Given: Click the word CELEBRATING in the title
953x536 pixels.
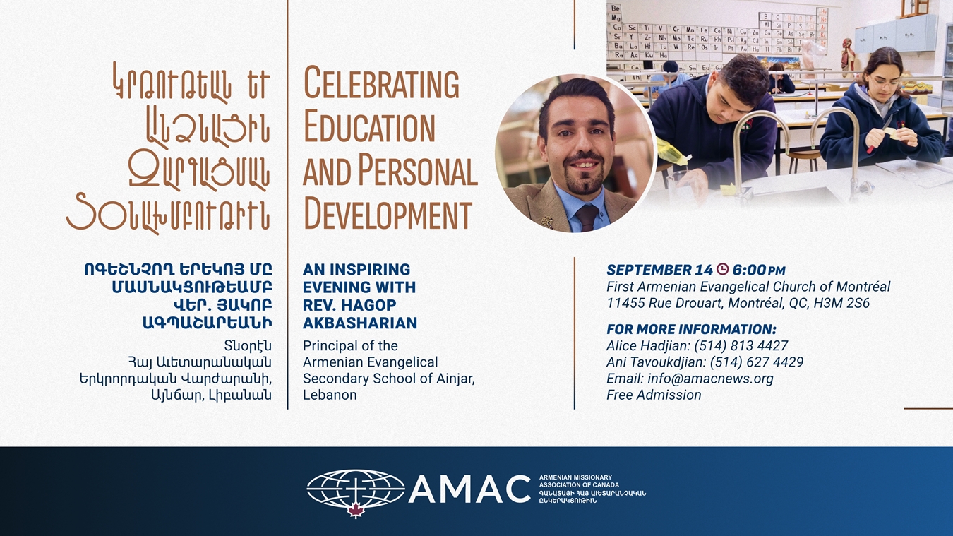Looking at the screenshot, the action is coord(381,83).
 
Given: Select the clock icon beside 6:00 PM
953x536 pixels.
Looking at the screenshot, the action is coord(722,269).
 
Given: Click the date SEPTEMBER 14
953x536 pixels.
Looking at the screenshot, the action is coord(659,270).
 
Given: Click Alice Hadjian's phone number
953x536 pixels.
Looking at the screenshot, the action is coord(741,345).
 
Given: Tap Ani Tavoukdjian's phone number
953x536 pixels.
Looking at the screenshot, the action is coord(757,362).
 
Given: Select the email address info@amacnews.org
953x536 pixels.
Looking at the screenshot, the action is coord(710,379).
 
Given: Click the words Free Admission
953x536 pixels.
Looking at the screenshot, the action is coord(654,395).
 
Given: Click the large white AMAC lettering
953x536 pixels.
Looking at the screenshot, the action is coord(469,489).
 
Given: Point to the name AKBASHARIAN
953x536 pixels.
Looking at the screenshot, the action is coord(360,323).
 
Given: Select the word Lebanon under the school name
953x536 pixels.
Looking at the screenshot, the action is coord(330,395).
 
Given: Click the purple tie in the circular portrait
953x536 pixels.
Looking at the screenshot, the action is coord(587,217).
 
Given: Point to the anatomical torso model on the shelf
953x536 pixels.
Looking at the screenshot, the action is coord(848,54).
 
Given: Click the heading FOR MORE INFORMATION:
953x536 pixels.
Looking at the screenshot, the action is coord(691,329).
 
